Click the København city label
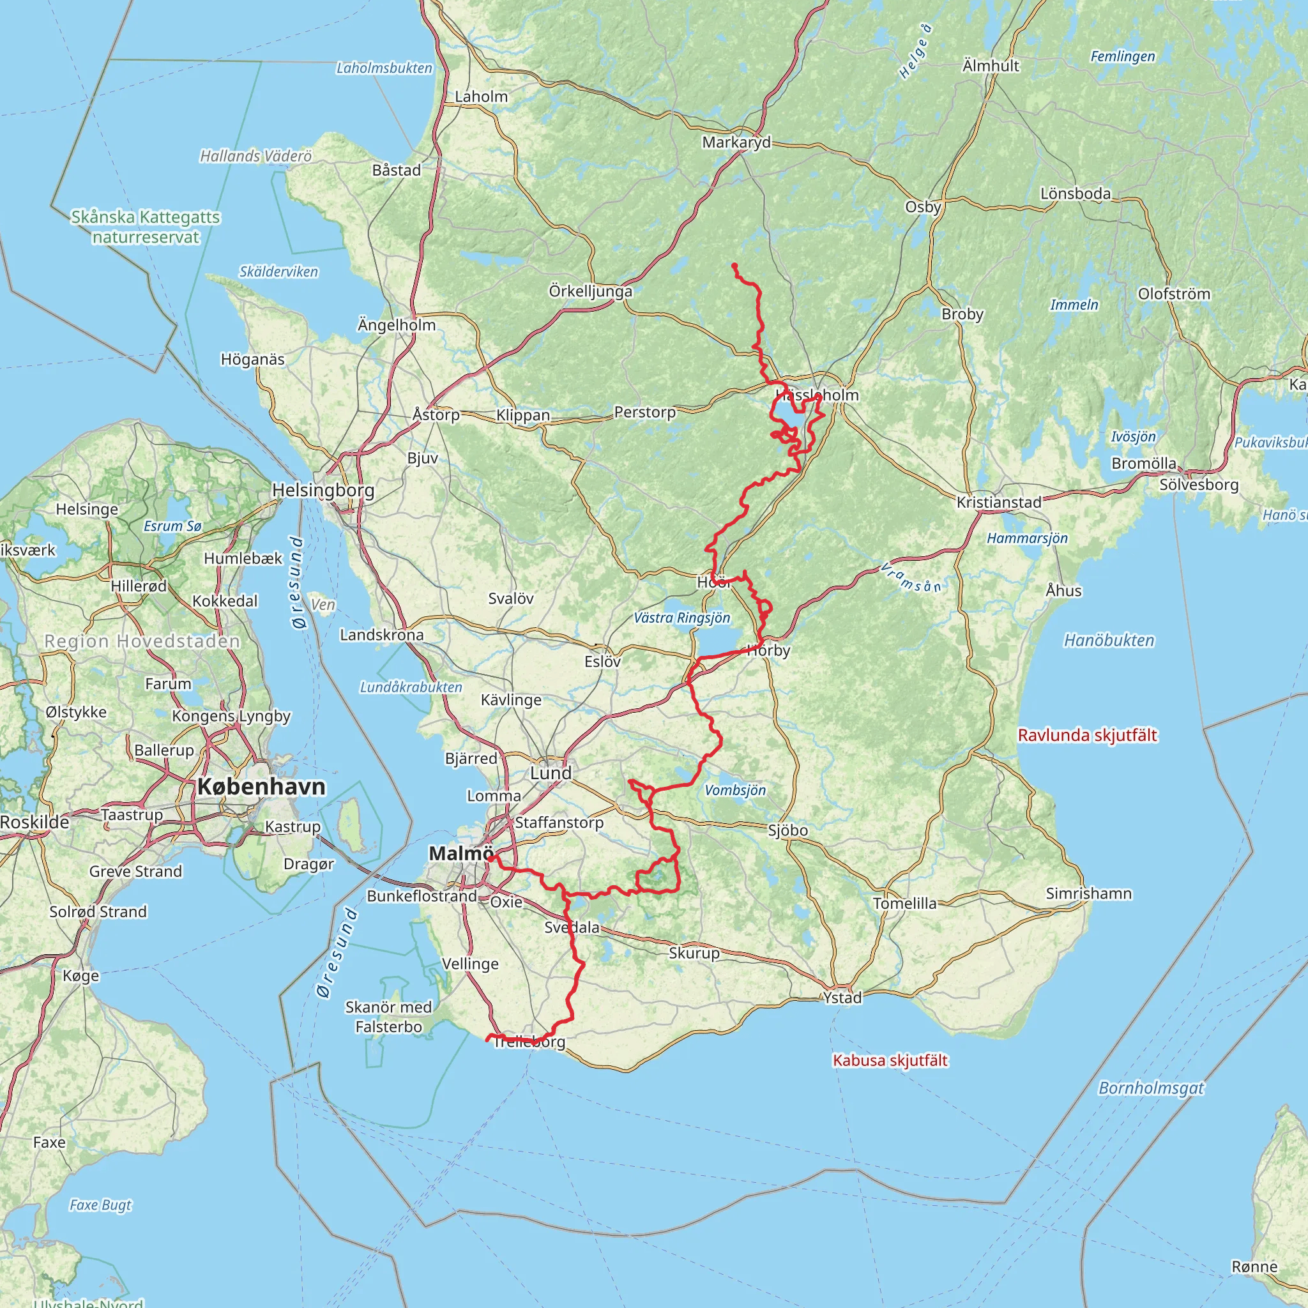click(261, 787)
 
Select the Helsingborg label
click(323, 490)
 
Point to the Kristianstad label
click(999, 503)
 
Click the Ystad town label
click(843, 997)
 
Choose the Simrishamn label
click(1089, 894)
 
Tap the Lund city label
click(551, 773)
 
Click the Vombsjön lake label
click(735, 790)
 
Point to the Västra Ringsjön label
click(681, 618)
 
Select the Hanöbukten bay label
click(1109, 641)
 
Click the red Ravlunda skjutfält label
click(1087, 735)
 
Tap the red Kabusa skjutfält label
click(890, 1060)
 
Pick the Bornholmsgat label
click(1151, 1088)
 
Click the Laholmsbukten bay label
click(384, 68)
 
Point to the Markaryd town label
click(736, 142)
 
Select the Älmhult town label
click(991, 66)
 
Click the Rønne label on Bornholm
click(1254, 1266)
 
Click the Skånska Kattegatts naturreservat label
click(146, 227)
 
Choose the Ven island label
click(324, 604)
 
